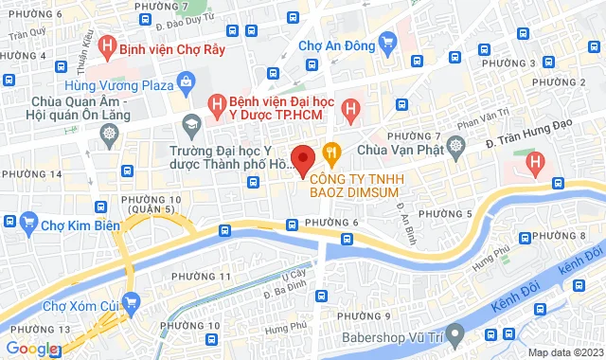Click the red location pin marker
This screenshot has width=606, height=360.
[x=302, y=158]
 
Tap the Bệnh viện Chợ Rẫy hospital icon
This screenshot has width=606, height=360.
[x=109, y=44]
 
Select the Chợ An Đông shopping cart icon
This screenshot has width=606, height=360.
[x=386, y=42]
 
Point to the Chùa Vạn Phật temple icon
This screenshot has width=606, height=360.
[x=456, y=148]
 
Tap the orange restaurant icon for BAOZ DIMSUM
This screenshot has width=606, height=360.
[x=331, y=150]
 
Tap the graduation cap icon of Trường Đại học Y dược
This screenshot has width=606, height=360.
[x=190, y=124]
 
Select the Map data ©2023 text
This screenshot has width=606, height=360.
[x=563, y=352]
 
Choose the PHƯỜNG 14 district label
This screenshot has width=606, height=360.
[x=31, y=174]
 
